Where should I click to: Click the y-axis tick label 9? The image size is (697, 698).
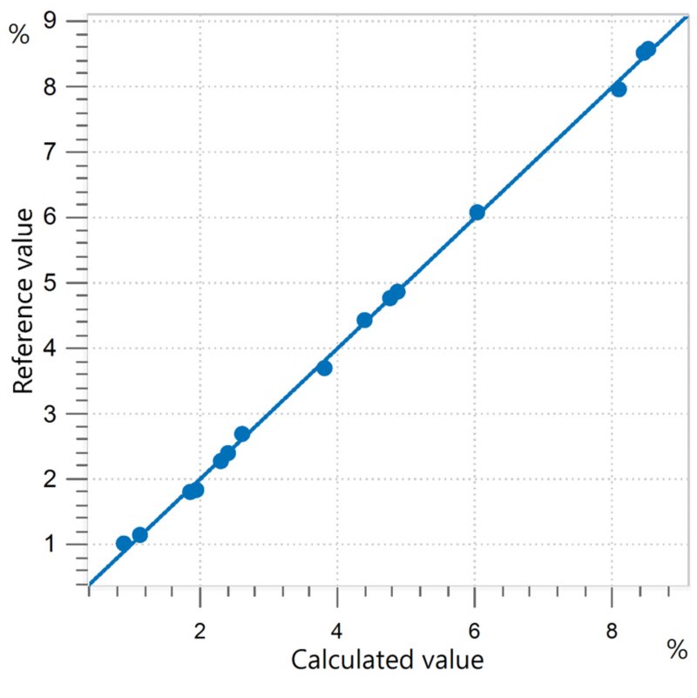point(51,20)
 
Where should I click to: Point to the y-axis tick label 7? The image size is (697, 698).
point(51,152)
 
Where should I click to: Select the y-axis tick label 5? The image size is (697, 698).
point(51,282)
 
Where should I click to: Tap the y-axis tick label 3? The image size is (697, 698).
point(51,414)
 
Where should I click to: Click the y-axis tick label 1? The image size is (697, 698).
point(50,544)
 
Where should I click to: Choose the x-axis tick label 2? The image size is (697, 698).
point(200,631)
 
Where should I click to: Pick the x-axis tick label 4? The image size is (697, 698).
point(337,631)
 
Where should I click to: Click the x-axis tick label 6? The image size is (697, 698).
point(475,631)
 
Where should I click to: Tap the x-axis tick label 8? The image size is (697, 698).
point(612,631)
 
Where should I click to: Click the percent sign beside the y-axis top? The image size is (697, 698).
point(19,34)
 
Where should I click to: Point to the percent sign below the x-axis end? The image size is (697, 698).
point(677,650)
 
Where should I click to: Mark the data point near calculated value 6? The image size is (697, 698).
point(477,213)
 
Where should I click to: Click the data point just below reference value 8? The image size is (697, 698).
point(619,90)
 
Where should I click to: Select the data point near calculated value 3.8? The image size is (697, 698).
point(324,368)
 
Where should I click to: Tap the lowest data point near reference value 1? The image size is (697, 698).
point(124,543)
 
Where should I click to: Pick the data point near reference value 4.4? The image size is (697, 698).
point(364,320)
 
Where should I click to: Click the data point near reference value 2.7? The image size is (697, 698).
point(241,434)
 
